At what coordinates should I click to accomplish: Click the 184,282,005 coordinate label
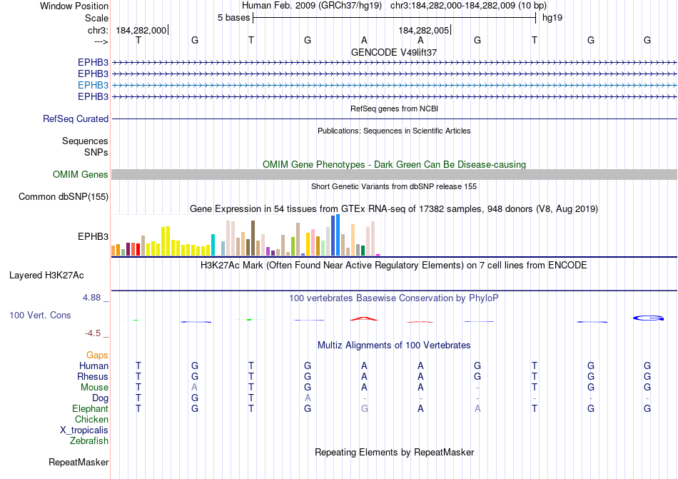pyautogui.click(x=424, y=31)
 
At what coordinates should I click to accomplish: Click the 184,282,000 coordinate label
pyautogui.click(x=141, y=31)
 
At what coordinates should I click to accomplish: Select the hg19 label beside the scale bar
pyautogui.click(x=552, y=17)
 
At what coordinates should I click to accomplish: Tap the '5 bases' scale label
pyautogui.click(x=233, y=17)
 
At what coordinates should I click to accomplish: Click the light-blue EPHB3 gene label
pyautogui.click(x=93, y=85)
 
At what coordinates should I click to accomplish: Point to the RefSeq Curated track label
pyautogui.click(x=76, y=119)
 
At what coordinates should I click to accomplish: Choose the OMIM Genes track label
pyautogui.click(x=81, y=175)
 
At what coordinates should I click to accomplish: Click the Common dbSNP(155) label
pyautogui.click(x=64, y=197)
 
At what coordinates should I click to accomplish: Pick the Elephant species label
pyautogui.click(x=90, y=409)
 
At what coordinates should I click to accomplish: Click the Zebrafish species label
pyautogui.click(x=89, y=441)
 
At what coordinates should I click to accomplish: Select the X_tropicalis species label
pyautogui.click(x=84, y=430)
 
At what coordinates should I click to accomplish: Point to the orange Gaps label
pyautogui.click(x=97, y=355)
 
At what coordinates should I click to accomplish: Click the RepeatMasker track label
pyautogui.click(x=79, y=463)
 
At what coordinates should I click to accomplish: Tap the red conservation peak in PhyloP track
pyautogui.click(x=363, y=318)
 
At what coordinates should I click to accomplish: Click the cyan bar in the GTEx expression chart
pyautogui.click(x=213, y=245)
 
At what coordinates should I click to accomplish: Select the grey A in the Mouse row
pyautogui.click(x=195, y=388)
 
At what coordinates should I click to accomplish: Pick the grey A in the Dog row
pyautogui.click(x=308, y=398)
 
